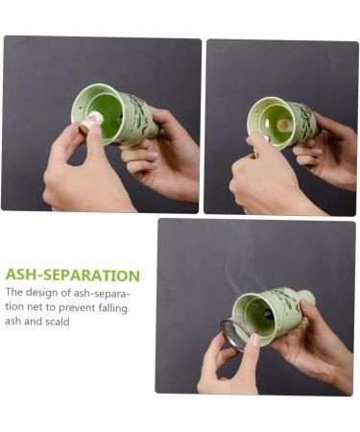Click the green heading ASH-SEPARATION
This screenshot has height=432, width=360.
73,276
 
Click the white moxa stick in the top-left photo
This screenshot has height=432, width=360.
93,119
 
